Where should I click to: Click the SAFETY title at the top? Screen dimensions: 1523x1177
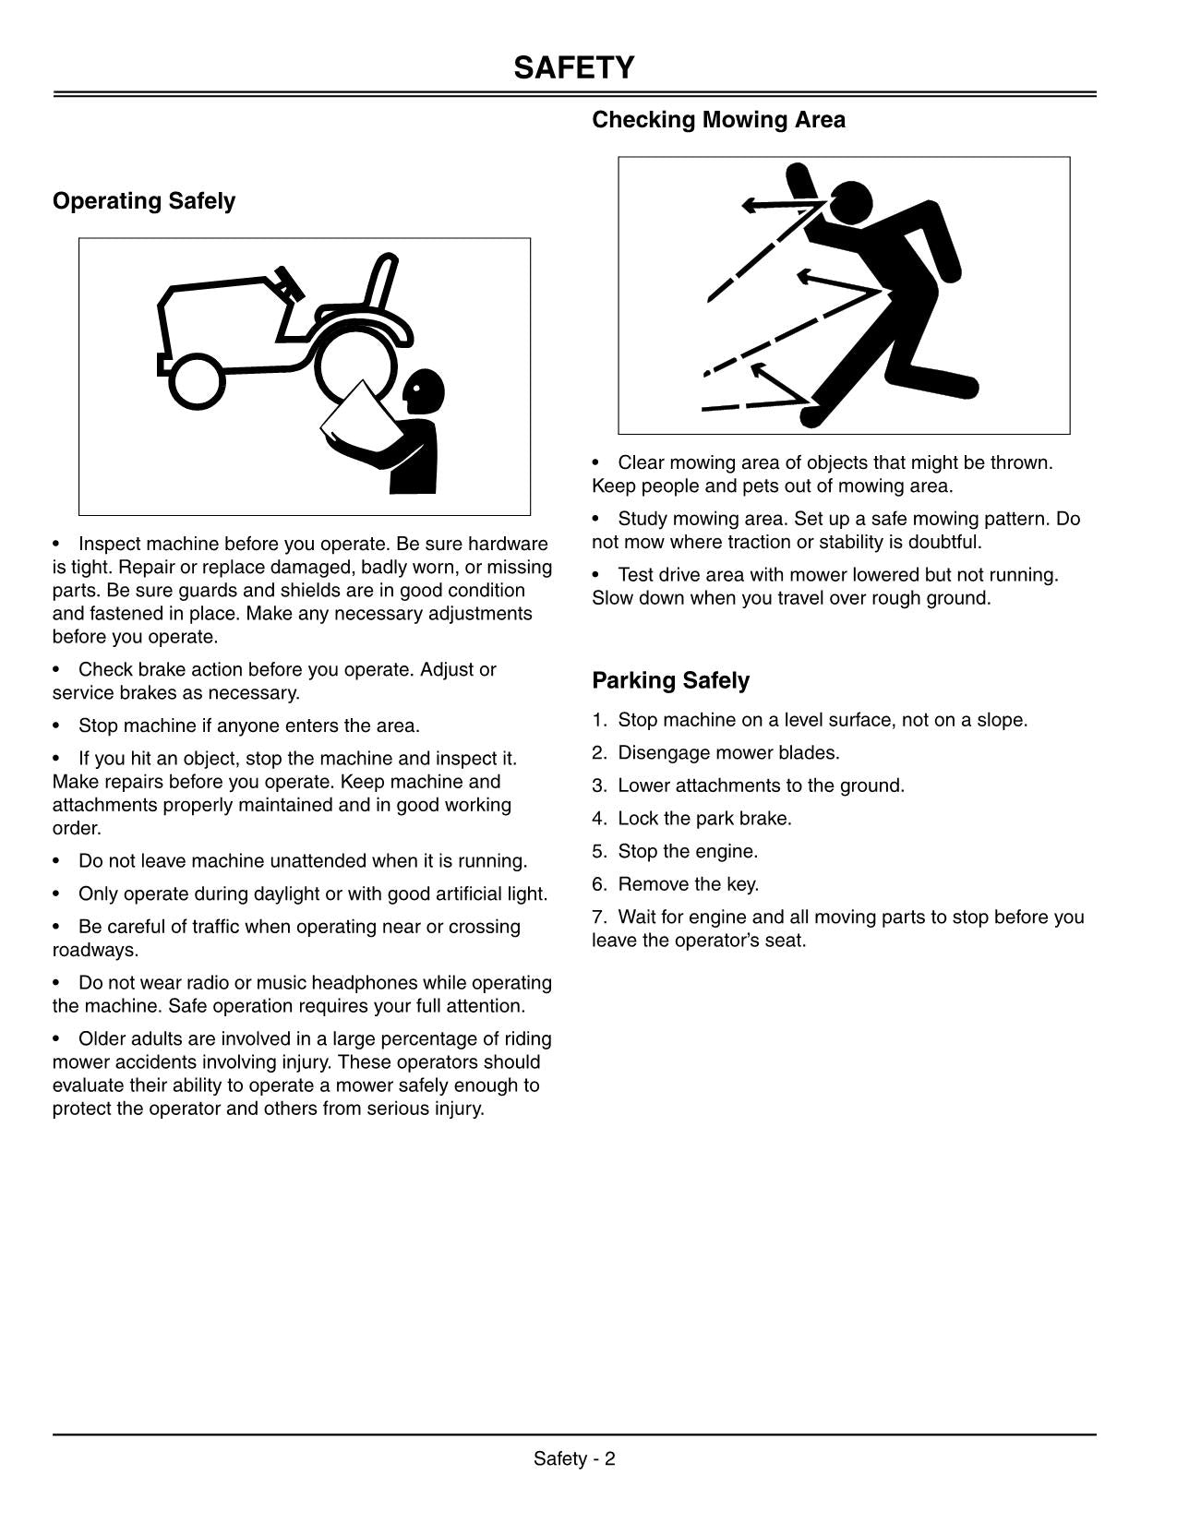pos(574,68)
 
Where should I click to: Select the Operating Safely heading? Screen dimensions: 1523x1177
pos(144,201)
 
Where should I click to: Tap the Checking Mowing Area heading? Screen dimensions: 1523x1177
pos(718,120)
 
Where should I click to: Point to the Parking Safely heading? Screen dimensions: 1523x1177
pos(670,681)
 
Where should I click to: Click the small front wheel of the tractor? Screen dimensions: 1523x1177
pos(197,382)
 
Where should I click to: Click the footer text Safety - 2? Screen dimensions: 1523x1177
pos(574,1458)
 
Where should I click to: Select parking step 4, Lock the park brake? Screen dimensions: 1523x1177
pos(704,819)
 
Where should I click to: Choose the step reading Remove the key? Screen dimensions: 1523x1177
pos(688,884)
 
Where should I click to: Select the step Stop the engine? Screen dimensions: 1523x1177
pos(687,852)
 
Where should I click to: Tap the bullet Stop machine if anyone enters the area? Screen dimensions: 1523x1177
pos(248,726)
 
